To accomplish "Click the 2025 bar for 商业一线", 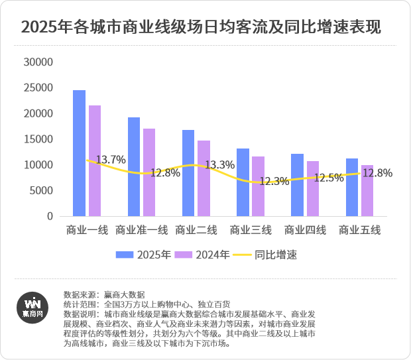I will tap(79, 153).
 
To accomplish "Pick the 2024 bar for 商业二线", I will tap(204, 178).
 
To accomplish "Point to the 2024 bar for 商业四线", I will tap(313, 189).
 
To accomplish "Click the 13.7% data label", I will tap(111, 160).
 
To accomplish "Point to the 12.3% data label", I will tap(274, 181).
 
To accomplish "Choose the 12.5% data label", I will tap(329, 178).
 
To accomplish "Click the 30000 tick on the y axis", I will tap(38, 62).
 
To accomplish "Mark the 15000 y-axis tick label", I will tap(38, 139).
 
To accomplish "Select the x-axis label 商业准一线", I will tap(141, 230).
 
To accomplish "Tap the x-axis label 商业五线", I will tap(360, 230).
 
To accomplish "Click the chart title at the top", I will tap(201, 29).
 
